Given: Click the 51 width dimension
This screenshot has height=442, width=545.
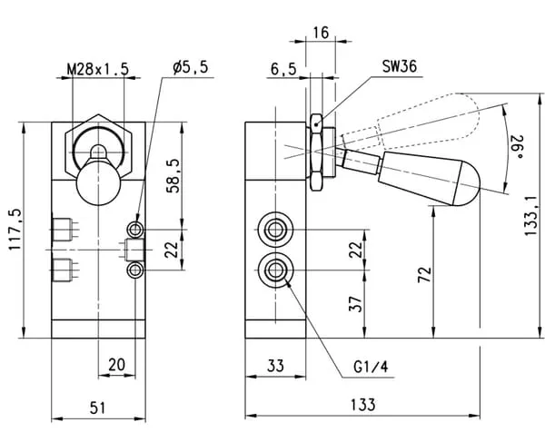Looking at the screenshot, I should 98,408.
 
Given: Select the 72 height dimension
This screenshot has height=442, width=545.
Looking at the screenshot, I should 423,274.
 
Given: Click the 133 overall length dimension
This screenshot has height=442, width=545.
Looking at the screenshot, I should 364,406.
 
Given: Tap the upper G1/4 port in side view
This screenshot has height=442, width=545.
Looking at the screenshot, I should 273,227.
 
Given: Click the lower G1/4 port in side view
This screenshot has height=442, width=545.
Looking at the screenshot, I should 273,268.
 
